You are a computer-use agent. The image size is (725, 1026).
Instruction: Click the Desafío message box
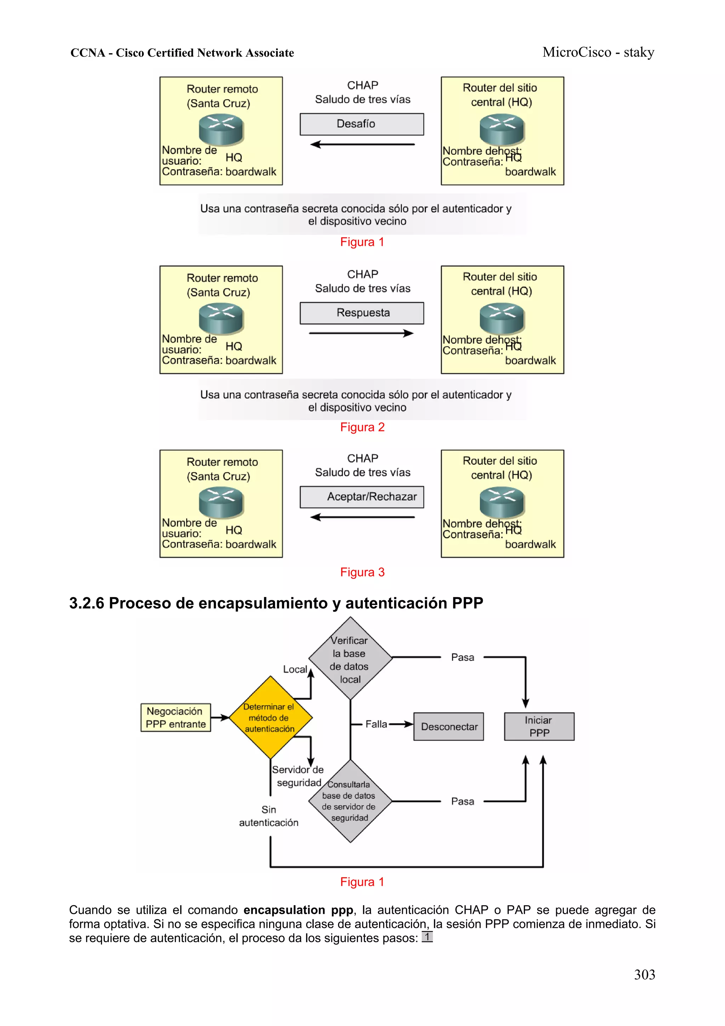tap(361, 124)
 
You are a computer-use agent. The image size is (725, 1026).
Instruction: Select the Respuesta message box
tap(361, 313)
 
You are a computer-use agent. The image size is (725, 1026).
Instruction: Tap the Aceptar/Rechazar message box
tap(361, 497)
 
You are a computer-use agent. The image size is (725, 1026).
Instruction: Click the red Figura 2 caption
tap(362, 427)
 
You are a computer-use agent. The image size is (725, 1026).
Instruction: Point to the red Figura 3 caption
tap(362, 572)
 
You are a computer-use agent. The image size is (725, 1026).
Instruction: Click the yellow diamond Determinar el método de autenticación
tap(270, 717)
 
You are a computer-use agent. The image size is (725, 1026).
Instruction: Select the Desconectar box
tap(448, 727)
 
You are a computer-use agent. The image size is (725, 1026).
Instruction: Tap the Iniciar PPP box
tap(539, 727)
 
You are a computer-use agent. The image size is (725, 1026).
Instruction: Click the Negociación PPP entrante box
tap(176, 717)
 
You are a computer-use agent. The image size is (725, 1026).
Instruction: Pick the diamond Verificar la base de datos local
tap(350, 659)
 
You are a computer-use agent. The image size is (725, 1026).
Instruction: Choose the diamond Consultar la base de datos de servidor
tap(350, 801)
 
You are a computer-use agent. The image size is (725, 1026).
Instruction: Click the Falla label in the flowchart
tap(376, 724)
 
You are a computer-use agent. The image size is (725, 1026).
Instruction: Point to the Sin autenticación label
tap(268, 816)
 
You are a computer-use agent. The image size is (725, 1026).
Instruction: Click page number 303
tap(644, 975)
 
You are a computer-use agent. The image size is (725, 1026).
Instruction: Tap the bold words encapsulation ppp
tap(298, 910)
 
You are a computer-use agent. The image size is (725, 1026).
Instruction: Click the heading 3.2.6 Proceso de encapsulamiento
tap(276, 603)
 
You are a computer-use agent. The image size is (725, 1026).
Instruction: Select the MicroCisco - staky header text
tap(598, 52)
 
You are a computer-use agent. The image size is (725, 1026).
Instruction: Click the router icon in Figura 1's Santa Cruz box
tap(221, 129)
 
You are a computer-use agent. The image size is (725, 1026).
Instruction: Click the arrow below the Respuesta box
tap(361, 333)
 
